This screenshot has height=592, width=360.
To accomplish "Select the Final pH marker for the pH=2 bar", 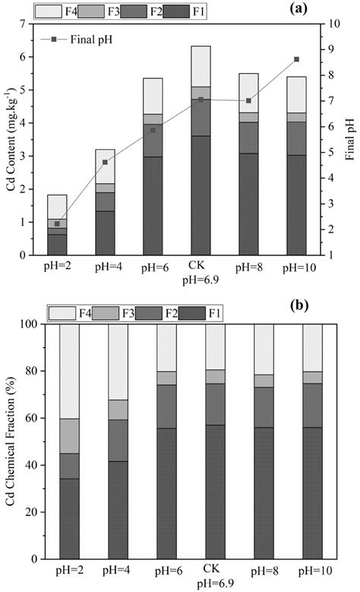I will coord(58,223).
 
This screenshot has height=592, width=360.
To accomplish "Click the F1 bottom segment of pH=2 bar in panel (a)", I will coord(58,244).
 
